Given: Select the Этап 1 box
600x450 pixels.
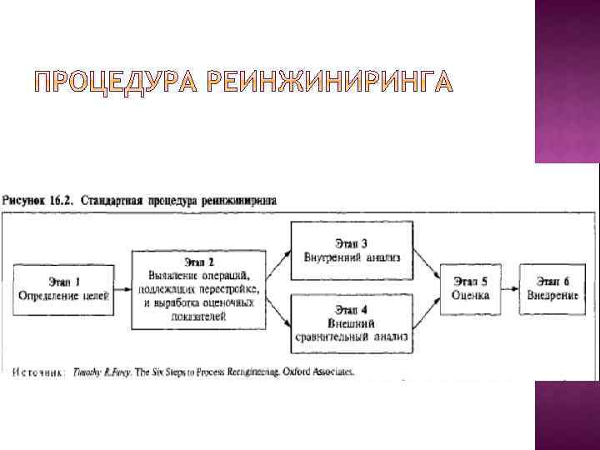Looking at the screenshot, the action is click(62, 287).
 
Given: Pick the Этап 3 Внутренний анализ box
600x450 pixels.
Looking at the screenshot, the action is click(351, 250).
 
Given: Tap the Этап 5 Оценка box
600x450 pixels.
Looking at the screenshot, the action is click(471, 287).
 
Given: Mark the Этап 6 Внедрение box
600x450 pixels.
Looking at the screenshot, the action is click(553, 287).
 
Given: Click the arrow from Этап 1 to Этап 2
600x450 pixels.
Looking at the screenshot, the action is click(122, 288).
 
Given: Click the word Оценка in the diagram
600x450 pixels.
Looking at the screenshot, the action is click(471, 295).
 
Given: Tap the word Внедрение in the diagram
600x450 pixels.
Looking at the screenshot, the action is click(553, 295).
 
